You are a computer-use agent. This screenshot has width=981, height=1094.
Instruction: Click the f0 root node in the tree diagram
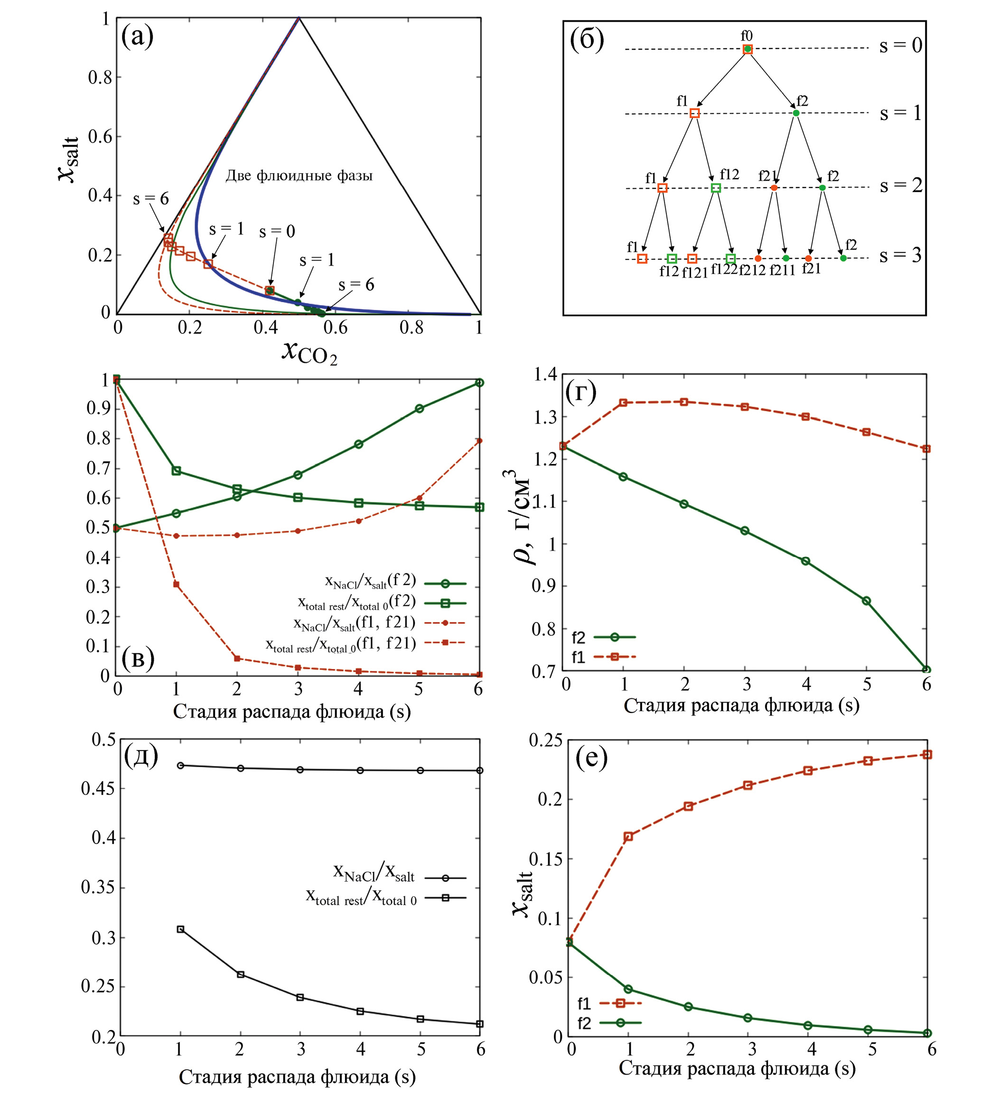click(x=747, y=49)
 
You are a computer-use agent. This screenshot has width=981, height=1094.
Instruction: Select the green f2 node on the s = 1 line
click(x=796, y=112)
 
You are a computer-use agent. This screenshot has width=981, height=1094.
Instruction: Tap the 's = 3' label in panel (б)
click(x=900, y=255)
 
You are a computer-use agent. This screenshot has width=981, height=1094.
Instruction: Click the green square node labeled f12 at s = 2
click(x=716, y=188)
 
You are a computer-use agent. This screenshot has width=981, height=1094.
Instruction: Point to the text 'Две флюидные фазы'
click(x=299, y=176)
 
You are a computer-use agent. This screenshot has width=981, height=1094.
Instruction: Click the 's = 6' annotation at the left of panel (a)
click(x=151, y=199)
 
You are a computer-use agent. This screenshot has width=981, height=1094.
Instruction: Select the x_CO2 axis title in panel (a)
click(x=310, y=352)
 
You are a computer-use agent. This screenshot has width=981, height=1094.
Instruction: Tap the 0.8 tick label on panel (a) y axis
click(x=100, y=77)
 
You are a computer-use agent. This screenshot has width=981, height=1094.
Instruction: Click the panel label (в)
click(x=138, y=658)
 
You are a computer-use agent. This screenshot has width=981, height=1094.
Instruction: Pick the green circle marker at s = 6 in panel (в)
click(x=479, y=383)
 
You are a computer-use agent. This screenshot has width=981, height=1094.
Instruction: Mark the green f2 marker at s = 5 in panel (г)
click(x=866, y=601)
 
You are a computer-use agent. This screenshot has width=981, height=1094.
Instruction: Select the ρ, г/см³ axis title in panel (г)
click(x=522, y=518)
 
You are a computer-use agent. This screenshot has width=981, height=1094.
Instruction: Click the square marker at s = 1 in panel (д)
click(x=180, y=929)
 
